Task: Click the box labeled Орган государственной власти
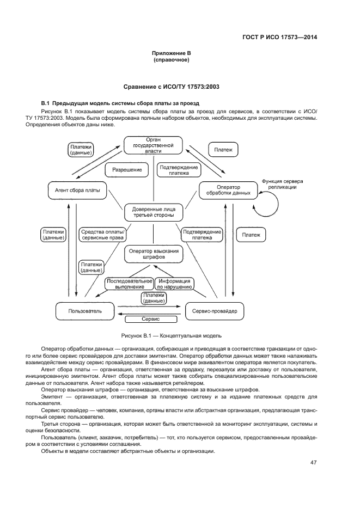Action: pyautogui.click(x=154, y=145)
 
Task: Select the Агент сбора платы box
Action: pyautogui.click(x=77, y=190)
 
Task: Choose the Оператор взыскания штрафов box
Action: pyautogui.click(x=154, y=254)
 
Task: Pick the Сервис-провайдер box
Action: pyautogui.click(x=215, y=311)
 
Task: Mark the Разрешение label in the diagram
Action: pyautogui.click(x=127, y=170)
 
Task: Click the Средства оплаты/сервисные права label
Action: pyautogui.click(x=102, y=235)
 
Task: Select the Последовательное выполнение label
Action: pyautogui.click(x=129, y=283)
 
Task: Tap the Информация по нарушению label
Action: pyautogui.click(x=175, y=283)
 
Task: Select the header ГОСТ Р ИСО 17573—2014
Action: pyautogui.click(x=279, y=38)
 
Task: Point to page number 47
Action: pyautogui.click(x=314, y=463)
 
